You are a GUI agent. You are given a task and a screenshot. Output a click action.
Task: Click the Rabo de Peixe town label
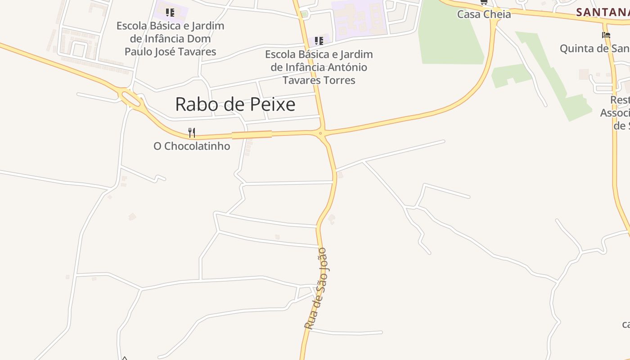tap(235, 104)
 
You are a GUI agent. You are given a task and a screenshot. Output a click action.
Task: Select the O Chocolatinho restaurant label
tap(192, 146)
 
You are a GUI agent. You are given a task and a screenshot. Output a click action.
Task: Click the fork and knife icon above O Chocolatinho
tap(192, 132)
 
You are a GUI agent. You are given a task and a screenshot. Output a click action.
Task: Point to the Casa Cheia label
tap(484, 14)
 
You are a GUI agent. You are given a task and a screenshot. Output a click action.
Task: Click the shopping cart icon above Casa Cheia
tap(484, 2)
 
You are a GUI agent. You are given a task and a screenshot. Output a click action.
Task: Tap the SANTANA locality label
tap(602, 13)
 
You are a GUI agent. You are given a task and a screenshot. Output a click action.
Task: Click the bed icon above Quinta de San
tap(606, 35)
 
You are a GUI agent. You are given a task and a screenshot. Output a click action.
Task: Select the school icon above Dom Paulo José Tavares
tap(170, 12)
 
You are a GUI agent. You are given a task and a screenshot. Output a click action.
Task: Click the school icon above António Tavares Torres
tap(319, 41)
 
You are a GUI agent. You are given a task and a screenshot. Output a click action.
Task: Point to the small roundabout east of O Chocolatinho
tap(320, 133)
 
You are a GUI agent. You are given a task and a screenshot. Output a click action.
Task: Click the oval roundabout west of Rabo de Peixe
tap(130, 98)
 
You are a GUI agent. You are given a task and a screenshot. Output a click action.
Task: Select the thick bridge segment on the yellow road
tap(252, 135)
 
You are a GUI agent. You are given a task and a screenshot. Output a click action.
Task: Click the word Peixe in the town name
tap(274, 104)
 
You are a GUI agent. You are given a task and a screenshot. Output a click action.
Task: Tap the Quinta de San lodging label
tap(594, 49)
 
